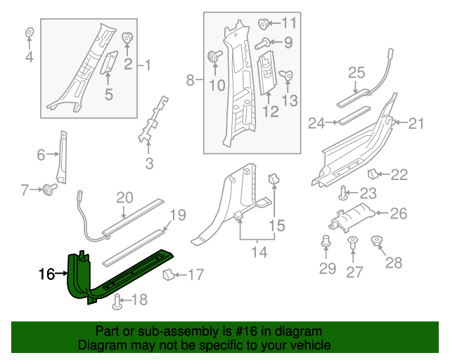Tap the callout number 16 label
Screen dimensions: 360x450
(x=46, y=274)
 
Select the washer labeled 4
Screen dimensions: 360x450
(x=30, y=33)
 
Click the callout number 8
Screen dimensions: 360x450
(x=190, y=82)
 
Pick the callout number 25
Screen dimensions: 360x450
(x=356, y=72)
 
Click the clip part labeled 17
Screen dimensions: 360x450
(x=169, y=274)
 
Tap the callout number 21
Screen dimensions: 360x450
(x=417, y=124)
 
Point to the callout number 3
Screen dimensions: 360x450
(x=149, y=165)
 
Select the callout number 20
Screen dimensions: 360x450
(x=124, y=198)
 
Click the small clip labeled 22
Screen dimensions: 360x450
(x=374, y=174)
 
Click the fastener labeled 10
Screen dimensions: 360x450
(x=212, y=57)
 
